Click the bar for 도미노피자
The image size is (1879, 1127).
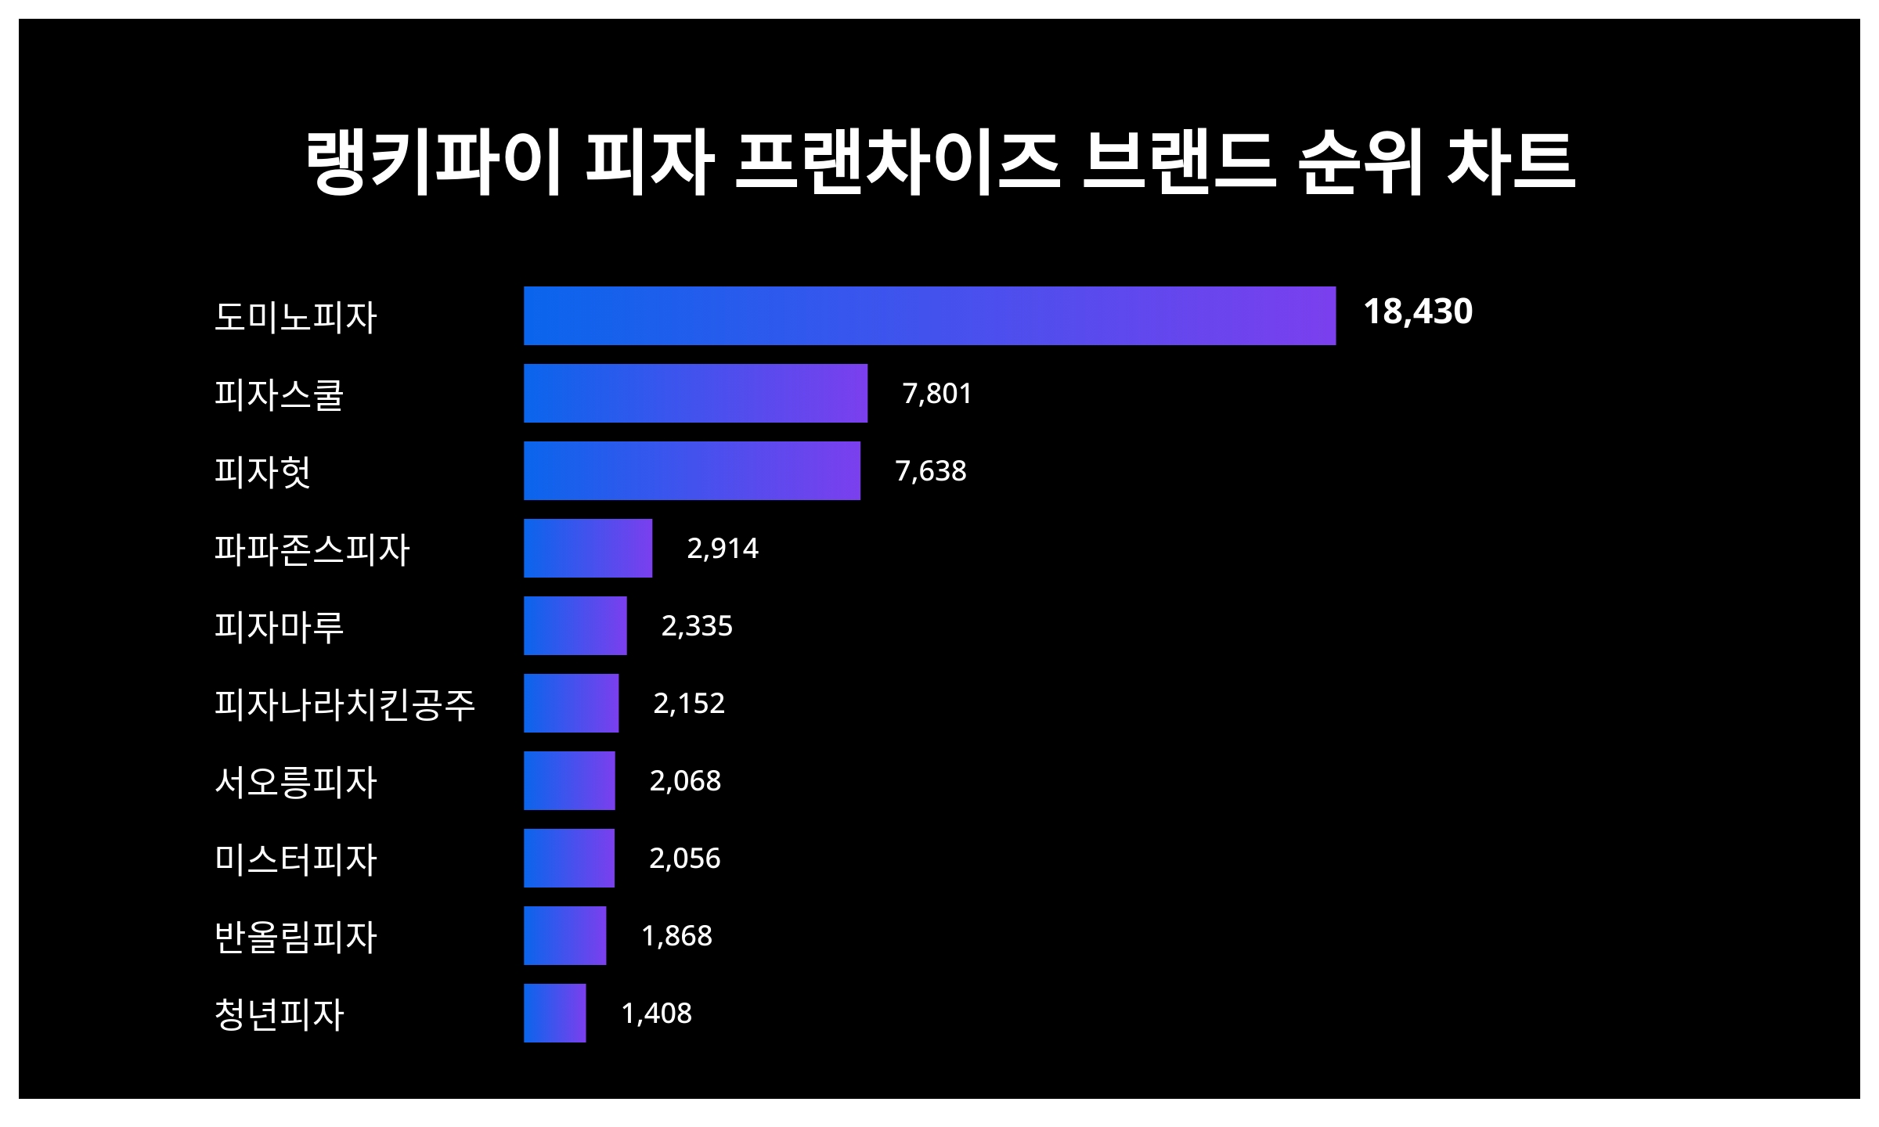tap(929, 315)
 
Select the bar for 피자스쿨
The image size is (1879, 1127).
tap(695, 393)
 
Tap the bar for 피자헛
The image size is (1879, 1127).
tap(691, 470)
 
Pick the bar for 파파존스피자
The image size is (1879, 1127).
tap(587, 548)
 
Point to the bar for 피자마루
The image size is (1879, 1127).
tap(575, 625)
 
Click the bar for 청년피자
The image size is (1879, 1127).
tap(554, 1013)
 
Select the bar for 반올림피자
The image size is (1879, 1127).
tap(564, 935)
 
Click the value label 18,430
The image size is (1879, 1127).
tap(1418, 311)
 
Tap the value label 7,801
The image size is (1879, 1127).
tap(937, 393)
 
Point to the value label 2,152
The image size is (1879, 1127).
tap(689, 703)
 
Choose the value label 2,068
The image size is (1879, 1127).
tap(685, 780)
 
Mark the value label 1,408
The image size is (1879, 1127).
tap(656, 1013)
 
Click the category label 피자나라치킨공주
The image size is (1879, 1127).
tap(344, 704)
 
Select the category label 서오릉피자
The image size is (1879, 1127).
tap(296, 781)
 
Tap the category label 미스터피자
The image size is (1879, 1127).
tap(296, 859)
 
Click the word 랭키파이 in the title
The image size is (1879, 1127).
tap(433, 162)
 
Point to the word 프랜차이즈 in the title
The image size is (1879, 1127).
tap(897, 162)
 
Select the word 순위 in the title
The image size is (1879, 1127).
tap(1359, 162)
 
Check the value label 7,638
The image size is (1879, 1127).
tap(931, 470)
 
